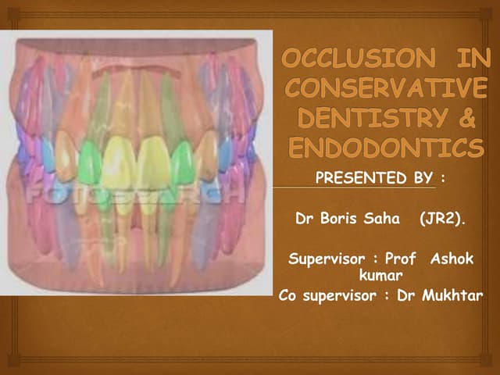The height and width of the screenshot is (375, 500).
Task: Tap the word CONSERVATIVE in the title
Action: click(x=385, y=87)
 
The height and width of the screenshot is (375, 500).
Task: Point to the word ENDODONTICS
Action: click(x=385, y=147)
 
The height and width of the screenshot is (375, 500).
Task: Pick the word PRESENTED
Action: click(x=348, y=179)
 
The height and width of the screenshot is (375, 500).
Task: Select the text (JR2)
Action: click(x=442, y=220)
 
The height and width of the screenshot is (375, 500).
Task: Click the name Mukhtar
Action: click(x=456, y=295)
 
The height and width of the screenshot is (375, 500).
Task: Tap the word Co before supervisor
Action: click(x=288, y=295)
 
